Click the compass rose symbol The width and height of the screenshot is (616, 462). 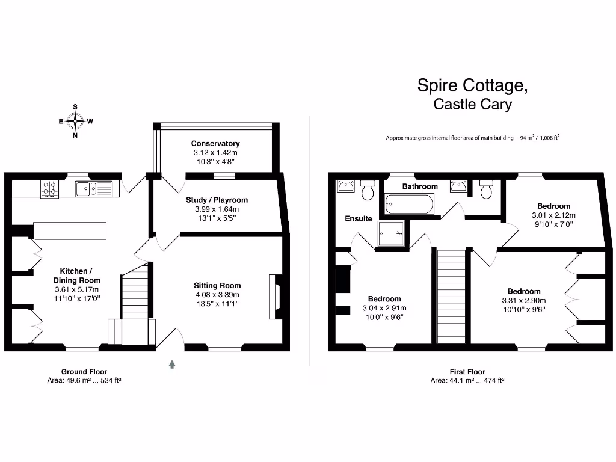[x=75, y=121]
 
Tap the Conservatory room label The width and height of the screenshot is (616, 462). [x=215, y=143]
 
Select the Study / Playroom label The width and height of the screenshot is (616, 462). [x=217, y=200]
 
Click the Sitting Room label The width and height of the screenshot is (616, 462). [x=217, y=286]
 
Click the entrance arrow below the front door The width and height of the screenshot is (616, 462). [x=172, y=364]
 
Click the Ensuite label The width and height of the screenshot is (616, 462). [x=359, y=218]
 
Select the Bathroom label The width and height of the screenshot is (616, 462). [x=420, y=186]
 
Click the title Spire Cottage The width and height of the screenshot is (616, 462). [x=473, y=85]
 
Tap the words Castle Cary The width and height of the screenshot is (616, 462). [x=473, y=104]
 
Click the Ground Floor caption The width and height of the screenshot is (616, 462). [x=84, y=372]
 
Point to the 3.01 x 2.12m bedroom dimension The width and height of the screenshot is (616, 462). [x=553, y=215]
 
